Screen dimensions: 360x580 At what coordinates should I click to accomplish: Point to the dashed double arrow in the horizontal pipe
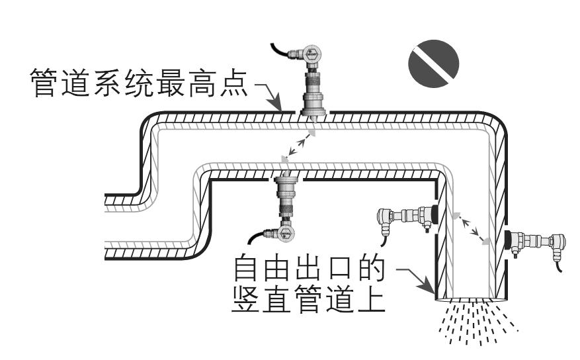click(298, 147)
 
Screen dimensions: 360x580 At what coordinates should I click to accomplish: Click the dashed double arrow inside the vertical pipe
click(471, 228)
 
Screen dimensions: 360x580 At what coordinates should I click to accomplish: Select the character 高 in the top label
click(195, 85)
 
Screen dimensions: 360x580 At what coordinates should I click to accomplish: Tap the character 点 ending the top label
click(232, 85)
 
